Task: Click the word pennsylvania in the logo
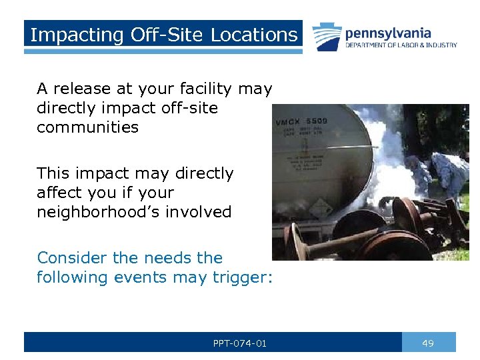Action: [388, 33]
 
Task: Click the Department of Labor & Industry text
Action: [401, 45]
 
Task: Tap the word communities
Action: [87, 127]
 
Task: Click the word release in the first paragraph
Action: [82, 89]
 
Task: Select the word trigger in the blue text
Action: [244, 277]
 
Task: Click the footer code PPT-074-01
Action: [240, 343]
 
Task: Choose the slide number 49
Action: [428, 343]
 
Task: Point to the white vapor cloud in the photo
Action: [387, 167]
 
